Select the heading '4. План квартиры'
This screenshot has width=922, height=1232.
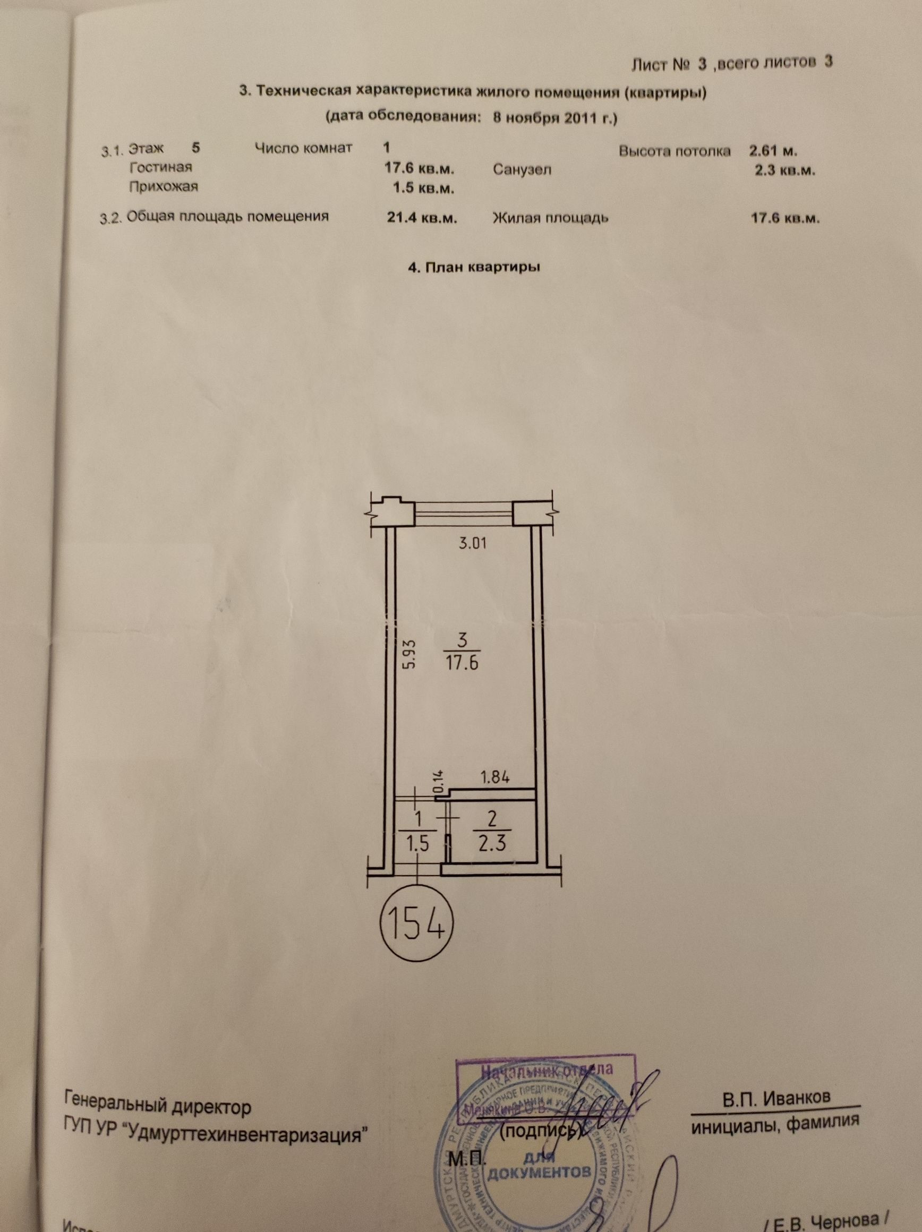tap(475, 267)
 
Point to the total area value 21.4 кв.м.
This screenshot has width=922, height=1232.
tap(422, 218)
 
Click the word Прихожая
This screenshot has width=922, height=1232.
tap(163, 186)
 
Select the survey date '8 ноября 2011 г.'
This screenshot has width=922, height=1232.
tap(555, 118)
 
